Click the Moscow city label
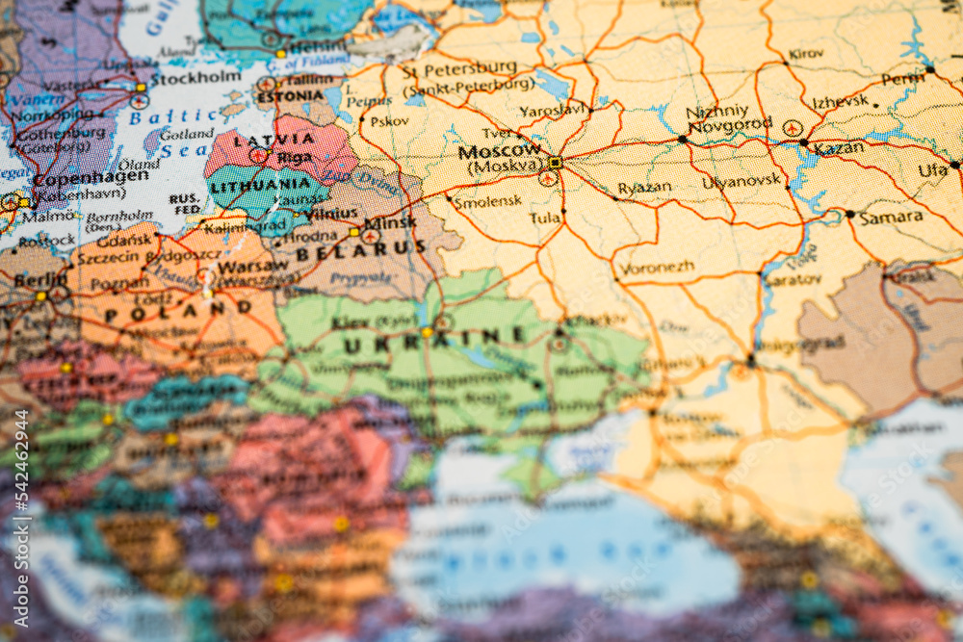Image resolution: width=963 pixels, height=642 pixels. point(500,151)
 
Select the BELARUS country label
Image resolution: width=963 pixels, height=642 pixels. point(360,250)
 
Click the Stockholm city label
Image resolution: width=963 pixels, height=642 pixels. point(195,77)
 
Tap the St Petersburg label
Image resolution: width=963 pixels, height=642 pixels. point(458,69)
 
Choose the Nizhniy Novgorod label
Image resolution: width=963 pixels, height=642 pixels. point(729,118)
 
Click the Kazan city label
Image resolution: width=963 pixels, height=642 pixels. point(838,147)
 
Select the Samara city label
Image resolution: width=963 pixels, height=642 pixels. point(891,218)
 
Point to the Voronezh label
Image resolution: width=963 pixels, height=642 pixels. point(657,268)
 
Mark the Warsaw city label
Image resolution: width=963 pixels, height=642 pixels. point(252,266)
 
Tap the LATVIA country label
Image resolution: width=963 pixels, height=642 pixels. point(262,141)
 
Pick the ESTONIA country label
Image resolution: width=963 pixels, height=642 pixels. point(290,96)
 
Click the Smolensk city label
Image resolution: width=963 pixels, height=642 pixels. point(487,201)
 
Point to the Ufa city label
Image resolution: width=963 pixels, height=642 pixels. point(932,171)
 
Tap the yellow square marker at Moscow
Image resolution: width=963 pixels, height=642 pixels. point(555,163)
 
